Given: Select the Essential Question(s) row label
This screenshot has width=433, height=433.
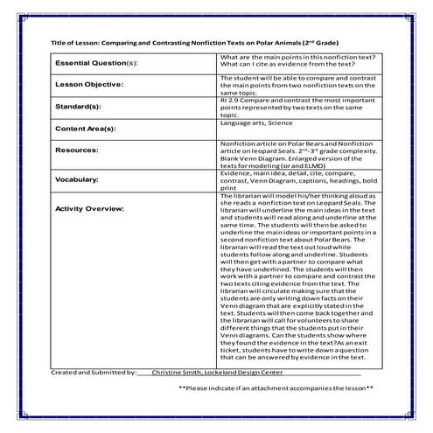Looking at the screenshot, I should [97, 64].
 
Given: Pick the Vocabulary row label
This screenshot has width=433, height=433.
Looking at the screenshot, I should [80, 180].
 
